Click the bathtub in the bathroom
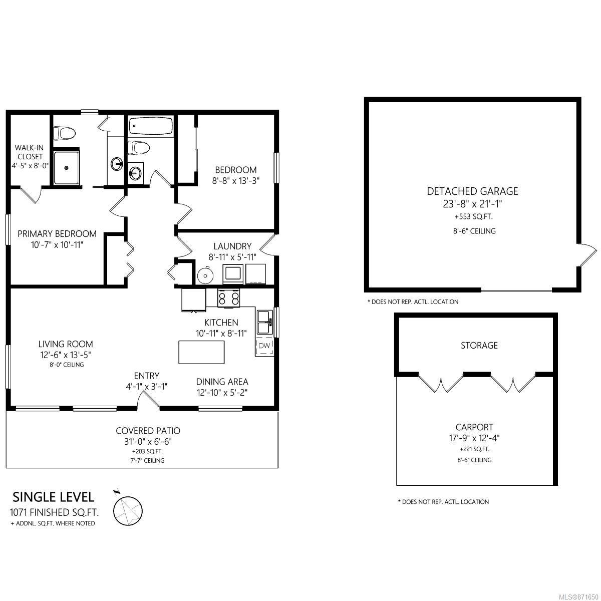(x=151, y=126)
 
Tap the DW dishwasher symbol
(x=264, y=346)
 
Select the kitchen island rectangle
(x=201, y=352)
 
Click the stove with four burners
(x=229, y=298)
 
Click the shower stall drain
(x=67, y=168)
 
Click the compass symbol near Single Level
(x=128, y=510)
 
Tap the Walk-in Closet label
(x=30, y=152)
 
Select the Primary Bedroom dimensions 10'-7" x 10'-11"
(x=57, y=245)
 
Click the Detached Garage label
(x=472, y=191)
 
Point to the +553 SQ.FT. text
(x=473, y=217)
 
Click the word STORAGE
(x=479, y=345)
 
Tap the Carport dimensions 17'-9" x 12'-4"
(x=474, y=438)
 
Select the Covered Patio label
(x=148, y=431)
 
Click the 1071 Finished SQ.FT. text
(x=54, y=512)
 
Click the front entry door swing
(x=148, y=400)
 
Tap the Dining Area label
(x=222, y=382)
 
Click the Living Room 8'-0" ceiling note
(x=67, y=365)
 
